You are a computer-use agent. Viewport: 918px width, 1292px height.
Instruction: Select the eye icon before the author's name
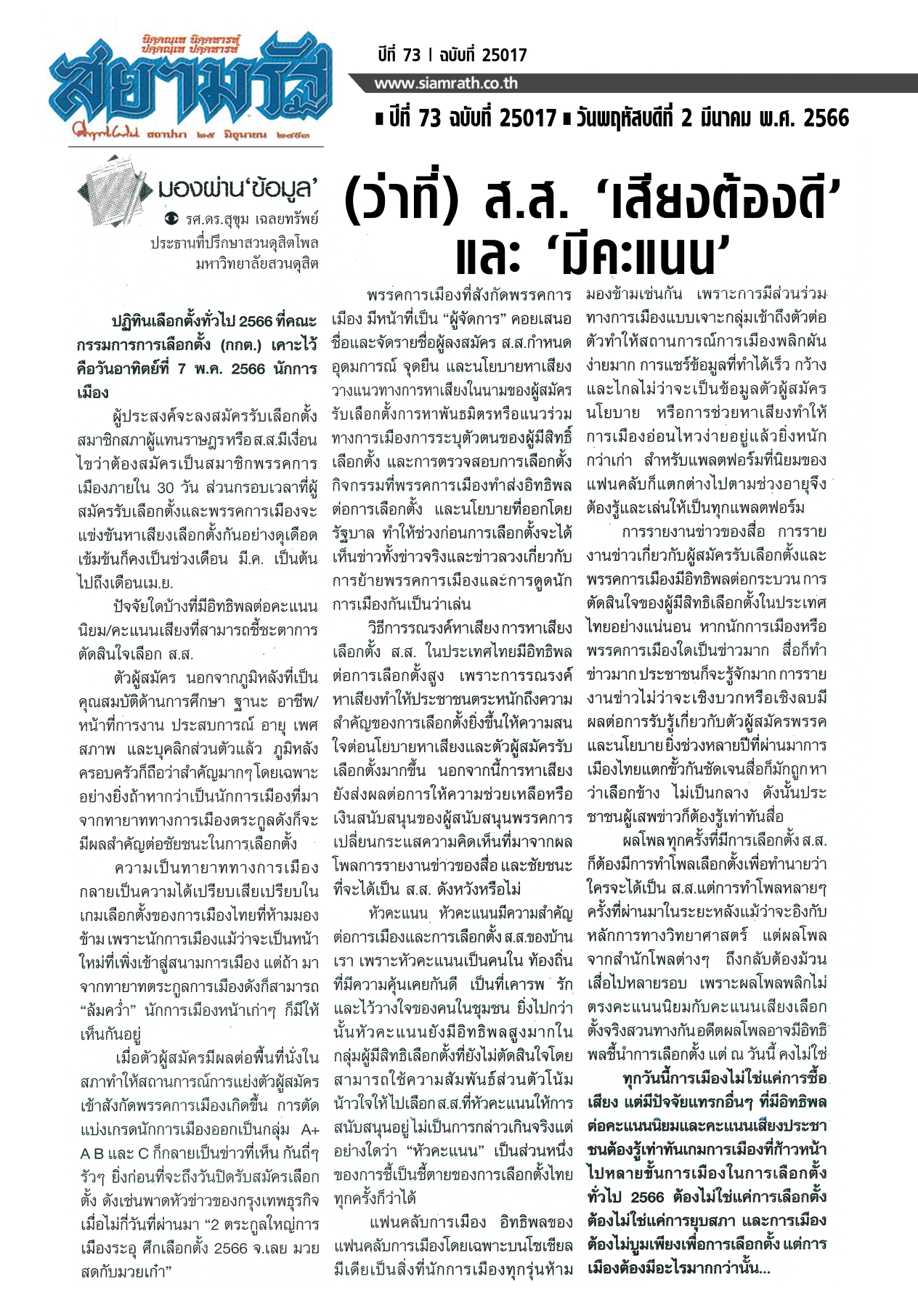[x=171, y=218]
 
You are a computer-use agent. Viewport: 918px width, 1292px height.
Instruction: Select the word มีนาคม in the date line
[x=736, y=118]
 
